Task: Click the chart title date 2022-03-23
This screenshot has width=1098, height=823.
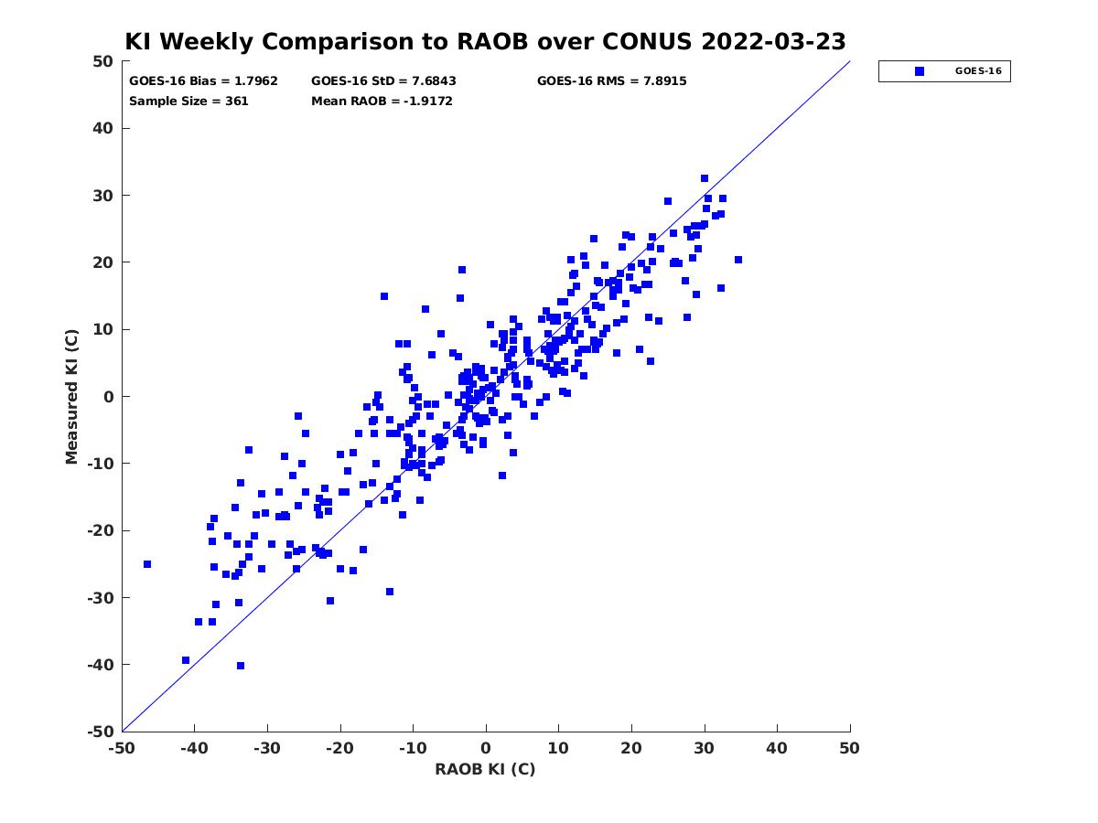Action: [x=773, y=41]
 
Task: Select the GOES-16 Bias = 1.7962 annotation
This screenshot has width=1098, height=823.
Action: [x=203, y=81]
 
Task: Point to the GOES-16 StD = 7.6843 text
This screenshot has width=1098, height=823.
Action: [x=383, y=81]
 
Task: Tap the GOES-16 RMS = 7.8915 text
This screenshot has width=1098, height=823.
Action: [x=612, y=81]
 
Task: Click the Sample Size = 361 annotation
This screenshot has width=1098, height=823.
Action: [x=188, y=101]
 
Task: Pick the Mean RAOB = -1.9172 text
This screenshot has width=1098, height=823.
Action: [x=382, y=101]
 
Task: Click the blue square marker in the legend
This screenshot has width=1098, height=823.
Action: [x=920, y=71]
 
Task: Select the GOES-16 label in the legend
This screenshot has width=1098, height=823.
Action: [x=978, y=71]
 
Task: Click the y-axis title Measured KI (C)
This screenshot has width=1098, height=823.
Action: [x=71, y=396]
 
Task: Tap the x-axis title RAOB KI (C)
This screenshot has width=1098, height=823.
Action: [x=485, y=769]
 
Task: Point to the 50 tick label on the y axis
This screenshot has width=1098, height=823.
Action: [x=103, y=61]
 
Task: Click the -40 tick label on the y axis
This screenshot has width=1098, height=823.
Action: [x=101, y=665]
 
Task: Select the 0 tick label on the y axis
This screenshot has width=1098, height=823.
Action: [x=109, y=397]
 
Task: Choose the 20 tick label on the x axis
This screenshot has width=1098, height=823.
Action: [x=631, y=748]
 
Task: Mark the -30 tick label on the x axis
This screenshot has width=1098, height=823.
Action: [x=267, y=748]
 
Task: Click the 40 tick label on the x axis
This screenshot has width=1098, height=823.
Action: [x=777, y=748]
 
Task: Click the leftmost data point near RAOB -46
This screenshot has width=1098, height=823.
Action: [x=147, y=564]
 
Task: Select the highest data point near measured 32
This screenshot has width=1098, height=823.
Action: [x=705, y=178]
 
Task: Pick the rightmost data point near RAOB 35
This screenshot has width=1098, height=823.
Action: [x=738, y=260]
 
